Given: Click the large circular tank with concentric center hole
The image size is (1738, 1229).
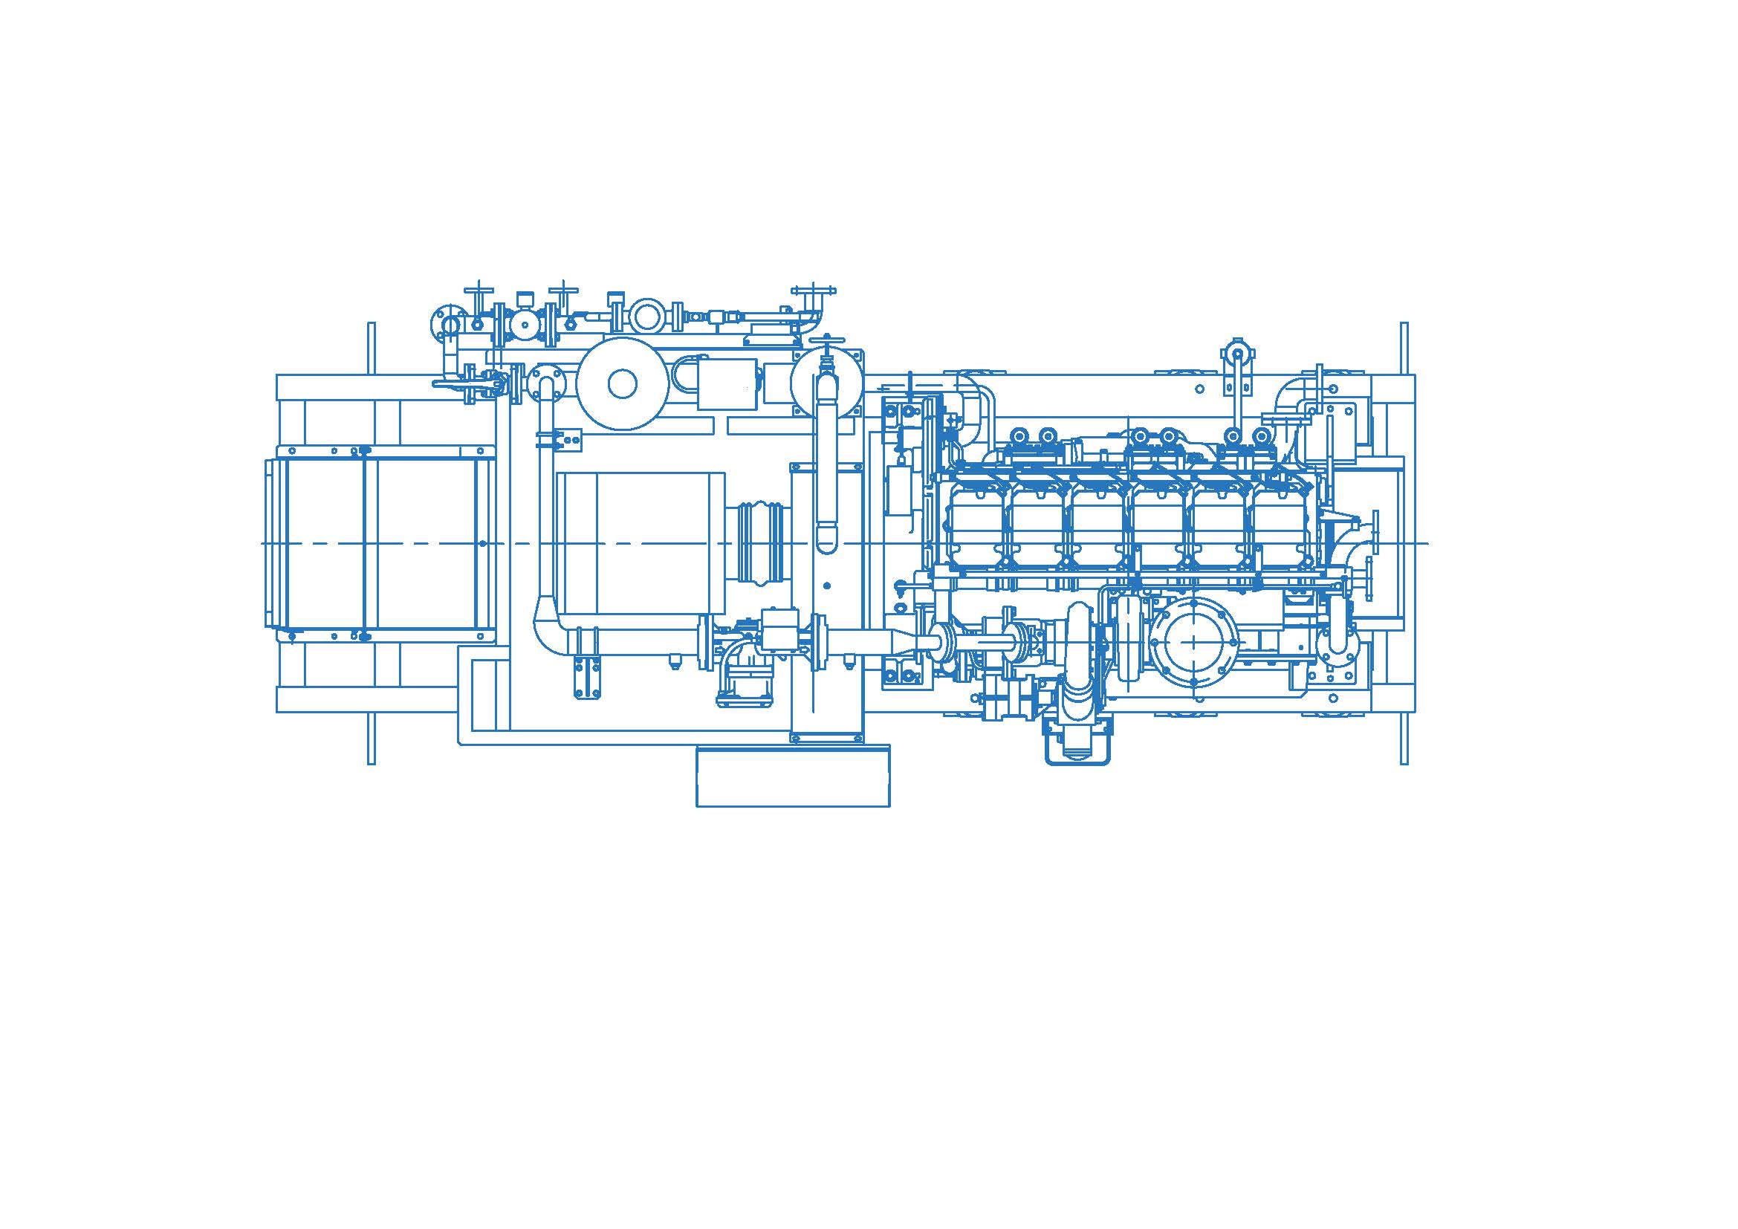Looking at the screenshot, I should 621,383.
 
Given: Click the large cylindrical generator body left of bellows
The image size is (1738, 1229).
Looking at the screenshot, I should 641,542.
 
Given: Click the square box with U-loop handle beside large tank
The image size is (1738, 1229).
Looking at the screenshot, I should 727,383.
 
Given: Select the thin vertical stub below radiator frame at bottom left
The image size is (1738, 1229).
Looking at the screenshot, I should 371,738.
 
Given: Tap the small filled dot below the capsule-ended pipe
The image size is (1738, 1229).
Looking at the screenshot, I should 826,585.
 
